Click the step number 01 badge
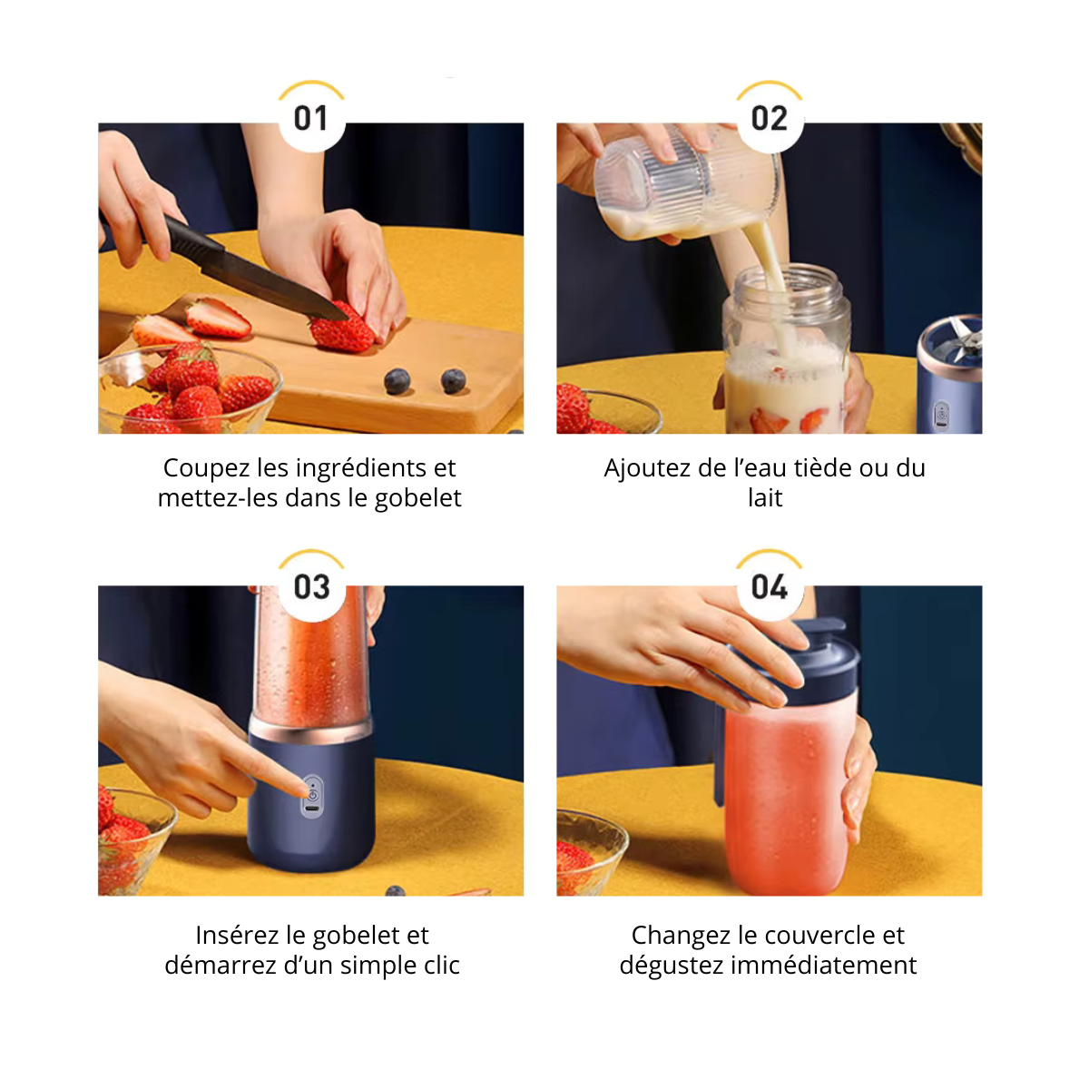point(311,118)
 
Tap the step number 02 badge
point(770,118)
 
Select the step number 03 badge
point(311,586)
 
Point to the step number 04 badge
point(770,586)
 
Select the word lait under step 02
point(765,498)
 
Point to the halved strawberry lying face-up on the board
point(218,319)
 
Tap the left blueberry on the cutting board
point(397,381)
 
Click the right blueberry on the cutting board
point(453,381)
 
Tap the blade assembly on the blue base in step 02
point(965,343)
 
